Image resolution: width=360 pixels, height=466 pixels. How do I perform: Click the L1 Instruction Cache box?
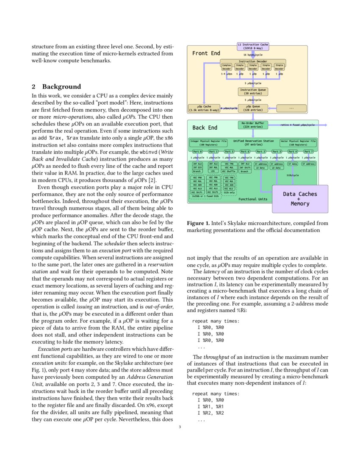252,46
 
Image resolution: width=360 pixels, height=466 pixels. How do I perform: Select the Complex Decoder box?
227,67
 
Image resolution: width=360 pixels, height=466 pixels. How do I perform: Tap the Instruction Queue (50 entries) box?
252,92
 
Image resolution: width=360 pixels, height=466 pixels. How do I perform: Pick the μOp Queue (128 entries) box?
252,108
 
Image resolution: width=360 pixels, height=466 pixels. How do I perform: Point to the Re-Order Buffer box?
252,125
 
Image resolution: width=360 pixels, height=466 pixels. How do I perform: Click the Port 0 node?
197,151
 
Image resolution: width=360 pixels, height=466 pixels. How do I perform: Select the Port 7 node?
308,151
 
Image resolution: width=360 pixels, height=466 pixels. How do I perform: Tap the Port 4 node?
293,151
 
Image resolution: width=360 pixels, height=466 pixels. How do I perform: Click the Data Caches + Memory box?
300,199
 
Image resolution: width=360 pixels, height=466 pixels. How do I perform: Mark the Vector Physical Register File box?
298,142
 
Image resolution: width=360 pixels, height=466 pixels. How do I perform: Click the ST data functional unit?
293,164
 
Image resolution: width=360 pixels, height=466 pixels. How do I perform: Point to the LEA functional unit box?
213,171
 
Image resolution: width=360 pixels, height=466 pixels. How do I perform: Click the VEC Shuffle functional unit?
229,171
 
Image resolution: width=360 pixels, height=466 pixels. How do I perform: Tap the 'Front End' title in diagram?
206,53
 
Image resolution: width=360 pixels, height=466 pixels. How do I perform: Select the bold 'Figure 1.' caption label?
198,222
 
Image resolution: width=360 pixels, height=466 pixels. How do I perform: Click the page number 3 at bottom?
180,427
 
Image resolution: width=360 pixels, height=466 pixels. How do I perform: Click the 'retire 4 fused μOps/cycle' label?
297,125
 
